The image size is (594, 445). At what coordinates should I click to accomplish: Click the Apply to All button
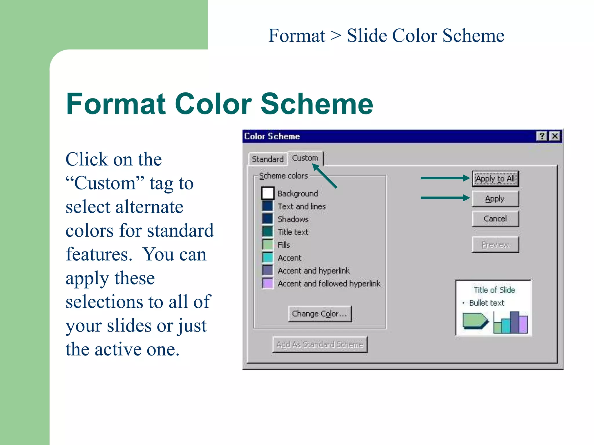495,179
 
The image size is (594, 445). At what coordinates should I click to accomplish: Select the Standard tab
267,159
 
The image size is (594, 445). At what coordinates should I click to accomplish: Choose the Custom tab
305,158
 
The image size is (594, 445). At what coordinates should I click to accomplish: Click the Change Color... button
320,314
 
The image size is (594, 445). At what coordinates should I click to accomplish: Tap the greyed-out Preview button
495,245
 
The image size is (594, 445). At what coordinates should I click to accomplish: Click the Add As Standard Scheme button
320,344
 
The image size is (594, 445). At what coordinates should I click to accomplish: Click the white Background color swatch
267,193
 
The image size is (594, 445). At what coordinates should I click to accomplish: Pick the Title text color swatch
267,232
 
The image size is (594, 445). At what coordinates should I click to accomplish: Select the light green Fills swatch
267,245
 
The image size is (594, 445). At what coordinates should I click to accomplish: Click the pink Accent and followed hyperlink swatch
267,283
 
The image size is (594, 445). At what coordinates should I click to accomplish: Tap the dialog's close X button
555,136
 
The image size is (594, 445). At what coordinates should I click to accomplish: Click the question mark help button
542,136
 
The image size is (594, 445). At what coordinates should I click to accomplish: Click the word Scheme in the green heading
317,104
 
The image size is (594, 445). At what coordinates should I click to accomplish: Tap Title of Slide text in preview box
494,290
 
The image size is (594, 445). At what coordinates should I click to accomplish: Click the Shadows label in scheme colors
293,219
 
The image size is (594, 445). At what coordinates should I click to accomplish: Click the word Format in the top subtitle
296,36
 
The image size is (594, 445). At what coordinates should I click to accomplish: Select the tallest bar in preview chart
514,322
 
